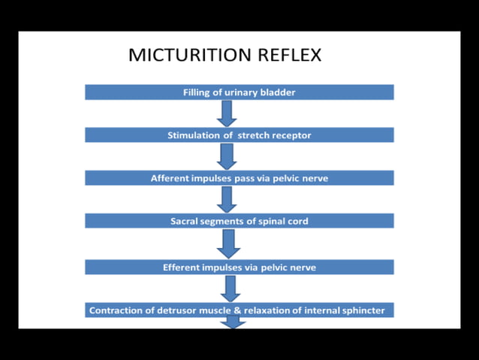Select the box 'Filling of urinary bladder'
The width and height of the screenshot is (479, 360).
(239, 92)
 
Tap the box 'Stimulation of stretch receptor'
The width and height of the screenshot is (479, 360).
(239, 135)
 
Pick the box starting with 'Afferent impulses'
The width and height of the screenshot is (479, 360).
(239, 178)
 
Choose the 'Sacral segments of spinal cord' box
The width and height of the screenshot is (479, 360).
(239, 221)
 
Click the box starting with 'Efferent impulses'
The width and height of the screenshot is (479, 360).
(239, 267)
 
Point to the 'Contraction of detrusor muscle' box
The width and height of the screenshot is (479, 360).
(239, 310)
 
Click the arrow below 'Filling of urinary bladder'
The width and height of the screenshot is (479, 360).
(227, 113)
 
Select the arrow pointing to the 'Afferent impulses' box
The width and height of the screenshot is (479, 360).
(227, 156)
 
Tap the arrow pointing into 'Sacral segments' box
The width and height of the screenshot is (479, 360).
(227, 199)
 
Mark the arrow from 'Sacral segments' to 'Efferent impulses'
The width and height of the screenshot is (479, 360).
(229, 244)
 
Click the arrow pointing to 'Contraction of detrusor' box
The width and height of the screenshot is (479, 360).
(231, 288)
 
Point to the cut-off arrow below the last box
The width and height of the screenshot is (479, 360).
(233, 322)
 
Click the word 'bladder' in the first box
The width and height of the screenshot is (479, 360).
(279, 92)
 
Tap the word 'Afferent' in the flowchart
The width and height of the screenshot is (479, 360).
(171, 178)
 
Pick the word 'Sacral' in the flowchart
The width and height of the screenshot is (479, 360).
(185, 221)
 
